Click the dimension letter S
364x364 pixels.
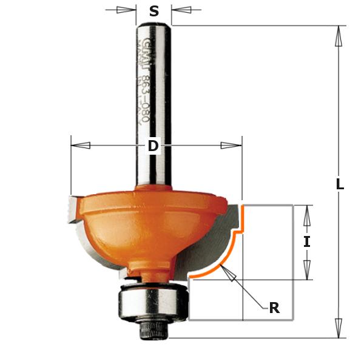tap(154, 11)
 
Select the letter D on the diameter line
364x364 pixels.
tap(153, 146)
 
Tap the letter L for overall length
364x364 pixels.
tap(340, 185)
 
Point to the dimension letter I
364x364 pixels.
tap(307, 241)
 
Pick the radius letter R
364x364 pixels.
tap(274, 308)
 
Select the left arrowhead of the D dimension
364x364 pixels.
tap(81, 146)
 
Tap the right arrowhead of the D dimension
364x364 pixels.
tap(231, 146)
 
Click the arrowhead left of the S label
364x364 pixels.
tap(126, 10)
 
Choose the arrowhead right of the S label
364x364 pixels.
tap(182, 10)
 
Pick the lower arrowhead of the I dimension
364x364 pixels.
tap(307, 269)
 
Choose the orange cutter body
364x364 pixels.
tap(146, 224)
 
